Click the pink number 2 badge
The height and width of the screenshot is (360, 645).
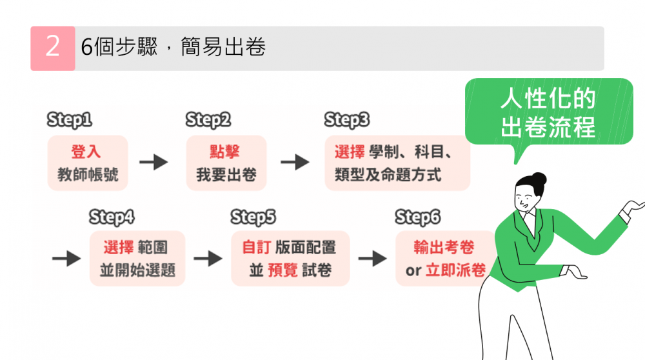(x=52, y=48)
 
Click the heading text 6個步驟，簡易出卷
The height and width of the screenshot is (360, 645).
(x=174, y=48)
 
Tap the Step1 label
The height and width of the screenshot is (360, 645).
(x=69, y=120)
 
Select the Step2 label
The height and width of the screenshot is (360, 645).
(x=208, y=120)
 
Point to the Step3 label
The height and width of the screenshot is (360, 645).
(x=347, y=120)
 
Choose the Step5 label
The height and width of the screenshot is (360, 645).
(x=253, y=217)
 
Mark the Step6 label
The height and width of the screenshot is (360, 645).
(x=417, y=217)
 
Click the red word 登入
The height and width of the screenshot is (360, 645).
(x=87, y=152)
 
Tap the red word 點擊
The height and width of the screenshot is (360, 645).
(x=225, y=152)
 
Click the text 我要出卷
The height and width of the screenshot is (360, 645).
(x=226, y=174)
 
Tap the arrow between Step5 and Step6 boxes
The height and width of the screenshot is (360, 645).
(x=372, y=259)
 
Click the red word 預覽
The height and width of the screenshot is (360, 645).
(x=283, y=270)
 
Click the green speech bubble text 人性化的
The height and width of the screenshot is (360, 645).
(x=548, y=100)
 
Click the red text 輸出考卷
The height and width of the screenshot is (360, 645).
(x=444, y=247)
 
